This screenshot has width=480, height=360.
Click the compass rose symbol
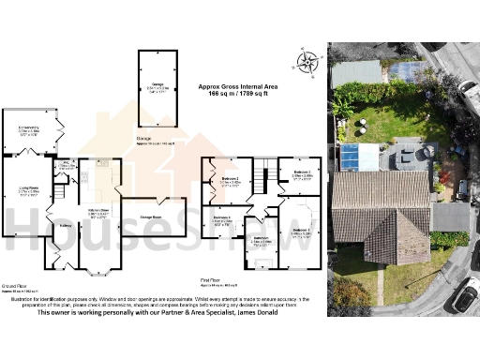coord(307,64)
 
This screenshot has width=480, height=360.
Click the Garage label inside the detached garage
coord(155,86)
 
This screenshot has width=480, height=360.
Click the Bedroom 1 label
coord(300,230)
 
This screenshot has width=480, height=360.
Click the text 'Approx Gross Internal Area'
coord(237,86)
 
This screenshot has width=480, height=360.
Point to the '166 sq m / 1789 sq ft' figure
coord(237,95)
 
